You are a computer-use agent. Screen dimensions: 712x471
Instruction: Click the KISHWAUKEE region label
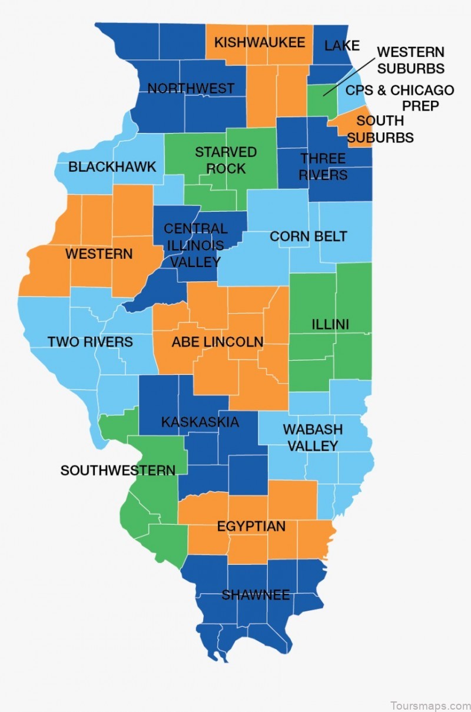pyautogui.click(x=260, y=42)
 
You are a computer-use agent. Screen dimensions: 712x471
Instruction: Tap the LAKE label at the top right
pyautogui.click(x=342, y=45)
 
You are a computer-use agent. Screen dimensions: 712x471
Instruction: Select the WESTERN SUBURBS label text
pyautogui.click(x=410, y=60)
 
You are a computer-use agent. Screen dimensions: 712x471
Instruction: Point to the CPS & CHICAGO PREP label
pyautogui.click(x=400, y=98)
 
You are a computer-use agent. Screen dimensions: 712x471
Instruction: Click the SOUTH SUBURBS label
pyautogui.click(x=380, y=129)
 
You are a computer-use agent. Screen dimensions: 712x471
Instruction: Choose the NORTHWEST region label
pyautogui.click(x=191, y=89)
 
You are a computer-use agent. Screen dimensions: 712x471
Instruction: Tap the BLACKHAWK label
pyautogui.click(x=112, y=167)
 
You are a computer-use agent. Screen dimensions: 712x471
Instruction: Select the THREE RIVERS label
pyautogui.click(x=323, y=167)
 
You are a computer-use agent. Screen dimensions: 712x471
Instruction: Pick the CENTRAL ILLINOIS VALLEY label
pyautogui.click(x=194, y=245)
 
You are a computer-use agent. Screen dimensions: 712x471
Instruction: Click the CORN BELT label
pyautogui.click(x=308, y=237)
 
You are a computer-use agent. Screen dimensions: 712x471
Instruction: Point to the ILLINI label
pyautogui.click(x=330, y=324)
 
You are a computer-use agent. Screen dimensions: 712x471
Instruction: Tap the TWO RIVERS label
pyautogui.click(x=90, y=342)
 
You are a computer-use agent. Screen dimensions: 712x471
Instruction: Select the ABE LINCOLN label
pyautogui.click(x=217, y=342)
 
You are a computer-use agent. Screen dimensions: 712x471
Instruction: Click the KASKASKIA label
pyautogui.click(x=200, y=422)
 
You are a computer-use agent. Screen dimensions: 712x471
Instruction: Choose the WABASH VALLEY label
pyautogui.click(x=312, y=437)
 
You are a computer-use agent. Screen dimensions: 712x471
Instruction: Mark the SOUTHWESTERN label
pyautogui.click(x=118, y=470)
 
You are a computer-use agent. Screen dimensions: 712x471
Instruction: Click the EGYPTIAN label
pyautogui.click(x=251, y=526)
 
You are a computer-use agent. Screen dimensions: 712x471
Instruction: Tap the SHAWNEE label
pyautogui.click(x=256, y=595)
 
